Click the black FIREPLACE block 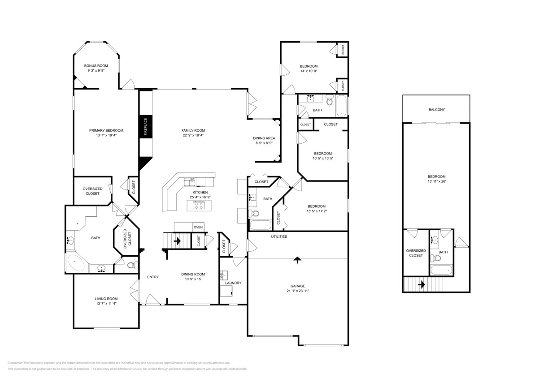[x=145, y=127]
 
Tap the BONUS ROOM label [x=96, y=66]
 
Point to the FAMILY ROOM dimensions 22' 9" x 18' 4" [x=193, y=135]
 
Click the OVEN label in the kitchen [x=198, y=227]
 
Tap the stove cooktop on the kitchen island [x=198, y=206]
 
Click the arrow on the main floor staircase [x=177, y=241]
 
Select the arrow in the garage [x=297, y=259]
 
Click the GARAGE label [x=297, y=286]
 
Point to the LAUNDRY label [x=233, y=283]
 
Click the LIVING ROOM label [x=106, y=299]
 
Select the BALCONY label [x=436, y=109]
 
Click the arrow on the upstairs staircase [x=421, y=284]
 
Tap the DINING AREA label [x=264, y=138]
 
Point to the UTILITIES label [x=278, y=236]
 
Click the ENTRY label [x=153, y=277]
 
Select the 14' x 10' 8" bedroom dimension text [x=309, y=71]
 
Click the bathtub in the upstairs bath [x=440, y=270]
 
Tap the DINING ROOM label [x=193, y=274]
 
